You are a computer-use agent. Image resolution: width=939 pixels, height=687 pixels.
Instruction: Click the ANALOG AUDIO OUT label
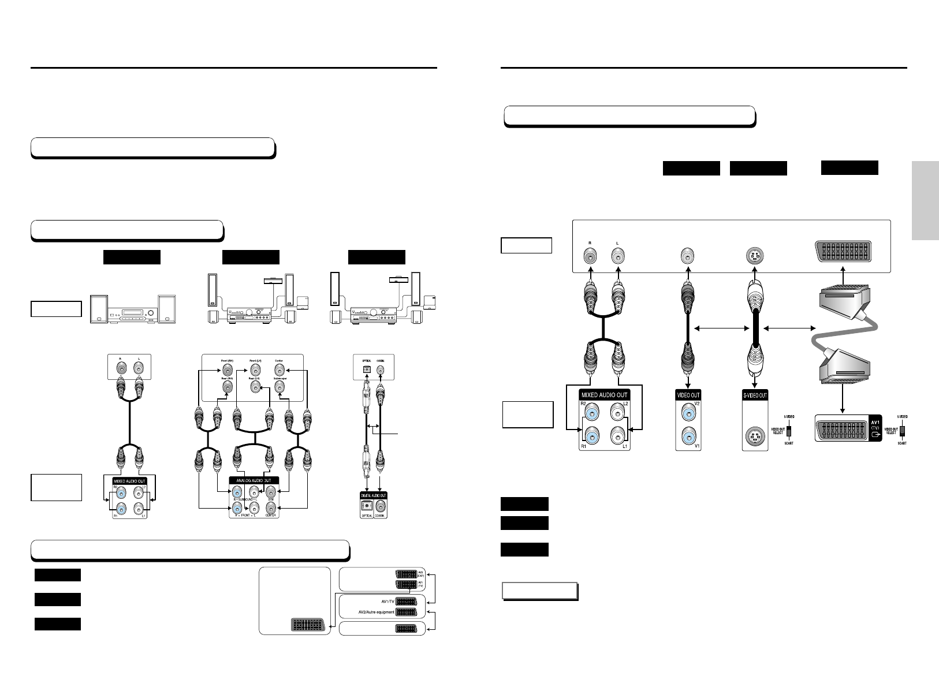[x=254, y=480]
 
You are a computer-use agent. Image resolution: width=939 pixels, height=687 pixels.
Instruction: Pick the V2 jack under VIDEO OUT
[x=688, y=413]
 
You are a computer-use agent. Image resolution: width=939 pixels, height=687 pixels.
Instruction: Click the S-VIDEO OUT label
[x=755, y=395]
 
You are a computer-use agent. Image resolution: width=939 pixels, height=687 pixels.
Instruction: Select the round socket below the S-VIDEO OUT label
[x=755, y=437]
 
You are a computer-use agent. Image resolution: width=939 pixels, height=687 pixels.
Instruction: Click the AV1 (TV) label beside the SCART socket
[x=876, y=428]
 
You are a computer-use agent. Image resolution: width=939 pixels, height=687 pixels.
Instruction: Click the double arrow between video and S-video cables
[x=721, y=329]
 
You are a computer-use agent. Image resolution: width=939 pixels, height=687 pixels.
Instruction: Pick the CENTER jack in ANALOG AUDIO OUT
[x=270, y=509]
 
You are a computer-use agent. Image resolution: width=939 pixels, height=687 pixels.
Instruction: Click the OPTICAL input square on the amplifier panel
[x=366, y=368]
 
